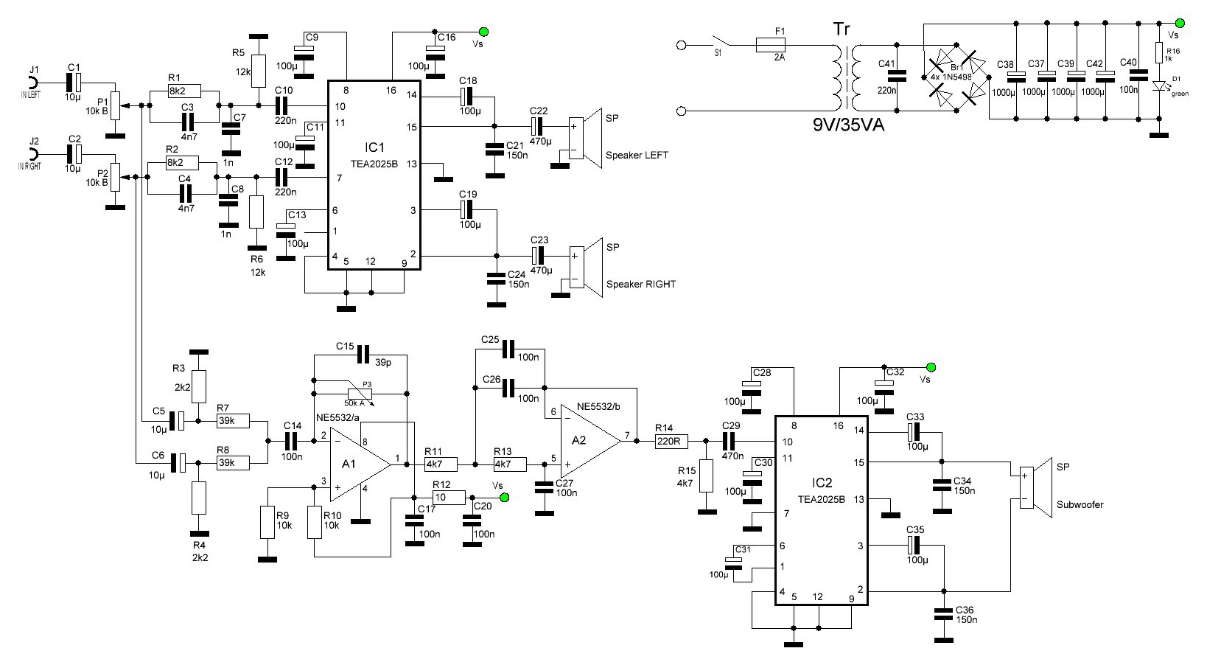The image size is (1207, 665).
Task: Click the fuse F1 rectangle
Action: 771,45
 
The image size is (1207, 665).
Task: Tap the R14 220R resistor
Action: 671,442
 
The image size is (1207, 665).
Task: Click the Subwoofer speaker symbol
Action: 1035,488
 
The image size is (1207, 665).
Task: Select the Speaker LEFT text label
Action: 637,156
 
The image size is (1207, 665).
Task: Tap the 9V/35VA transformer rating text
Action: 848,125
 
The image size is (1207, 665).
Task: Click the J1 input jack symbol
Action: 33,83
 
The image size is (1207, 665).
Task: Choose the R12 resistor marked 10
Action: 449,498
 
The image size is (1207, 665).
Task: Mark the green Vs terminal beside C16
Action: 483,32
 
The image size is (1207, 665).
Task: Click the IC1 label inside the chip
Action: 374,147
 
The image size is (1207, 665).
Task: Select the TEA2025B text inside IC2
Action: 821,500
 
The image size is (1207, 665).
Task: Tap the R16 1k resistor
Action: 1160,53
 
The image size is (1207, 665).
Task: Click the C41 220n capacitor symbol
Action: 897,77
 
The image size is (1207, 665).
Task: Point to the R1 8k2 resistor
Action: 185,91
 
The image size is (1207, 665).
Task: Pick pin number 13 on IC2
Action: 859,499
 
